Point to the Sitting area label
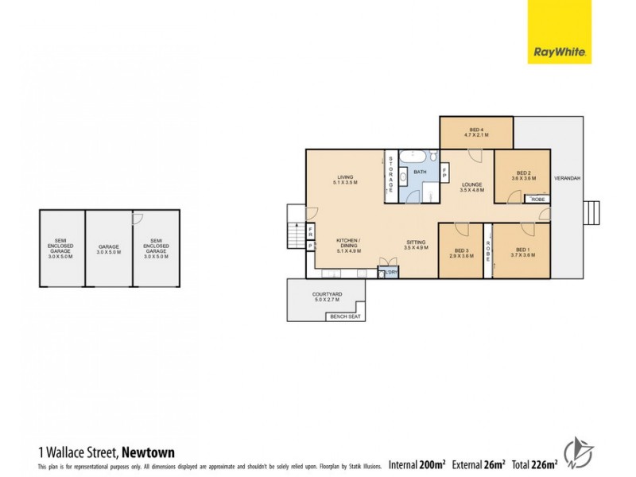coord(416,245)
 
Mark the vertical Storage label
coord(391,173)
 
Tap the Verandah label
coord(566,177)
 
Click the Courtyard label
coord(325,297)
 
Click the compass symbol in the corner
coord(578,453)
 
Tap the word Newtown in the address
coord(148,452)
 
